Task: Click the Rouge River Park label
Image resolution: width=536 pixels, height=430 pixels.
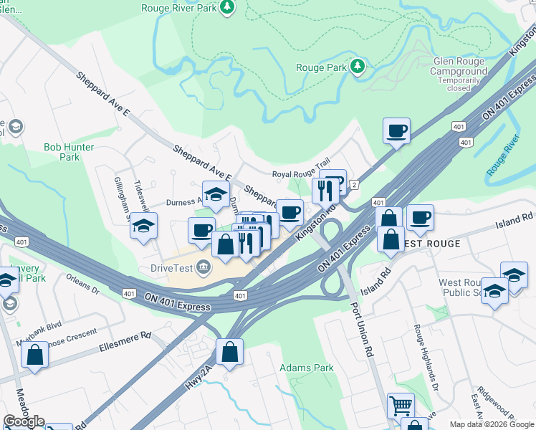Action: click(180, 7)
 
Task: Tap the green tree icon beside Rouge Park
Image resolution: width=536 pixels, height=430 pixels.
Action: click(358, 67)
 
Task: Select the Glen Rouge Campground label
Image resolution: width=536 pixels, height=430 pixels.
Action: click(459, 67)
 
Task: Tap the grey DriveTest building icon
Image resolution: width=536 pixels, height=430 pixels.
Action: click(204, 267)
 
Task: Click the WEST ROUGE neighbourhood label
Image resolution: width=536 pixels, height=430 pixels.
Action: click(431, 244)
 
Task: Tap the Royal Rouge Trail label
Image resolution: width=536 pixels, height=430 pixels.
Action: click(300, 174)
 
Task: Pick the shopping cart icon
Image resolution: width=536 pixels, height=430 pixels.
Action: click(401, 406)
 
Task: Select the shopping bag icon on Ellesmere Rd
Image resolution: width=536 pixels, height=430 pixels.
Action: click(34, 355)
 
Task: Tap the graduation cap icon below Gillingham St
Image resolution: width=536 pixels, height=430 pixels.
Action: click(143, 225)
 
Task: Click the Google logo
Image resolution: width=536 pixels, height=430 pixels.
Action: click(24, 421)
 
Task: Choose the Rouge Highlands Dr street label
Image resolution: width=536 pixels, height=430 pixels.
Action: click(426, 357)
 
